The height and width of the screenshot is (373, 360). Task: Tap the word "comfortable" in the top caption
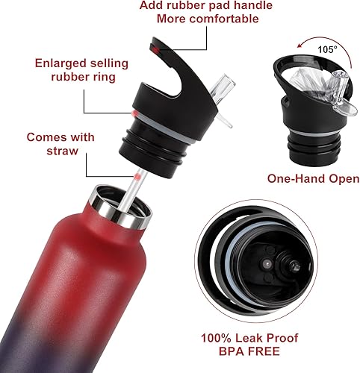[236, 19]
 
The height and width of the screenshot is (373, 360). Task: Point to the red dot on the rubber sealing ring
[133, 114]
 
